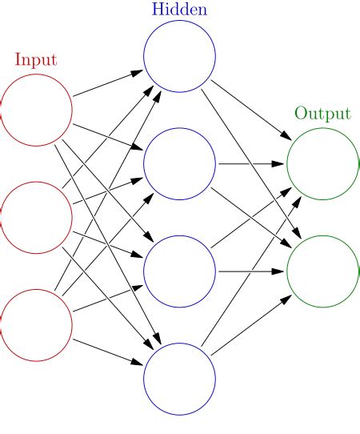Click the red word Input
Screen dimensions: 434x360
36,60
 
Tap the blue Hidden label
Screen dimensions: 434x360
179,10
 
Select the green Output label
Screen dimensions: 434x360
322,113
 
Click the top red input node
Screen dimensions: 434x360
36,111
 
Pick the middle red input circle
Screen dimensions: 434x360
36,217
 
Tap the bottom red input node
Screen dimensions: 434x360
36,324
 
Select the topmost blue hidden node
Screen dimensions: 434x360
179,57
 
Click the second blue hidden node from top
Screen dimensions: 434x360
179,164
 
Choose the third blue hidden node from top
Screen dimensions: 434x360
179,271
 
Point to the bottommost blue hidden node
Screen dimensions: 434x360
179,378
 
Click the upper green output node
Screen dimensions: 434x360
322,164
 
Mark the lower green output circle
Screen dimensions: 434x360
322,271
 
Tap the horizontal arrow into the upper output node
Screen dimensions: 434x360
251,164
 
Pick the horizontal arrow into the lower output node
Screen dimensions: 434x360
251,271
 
